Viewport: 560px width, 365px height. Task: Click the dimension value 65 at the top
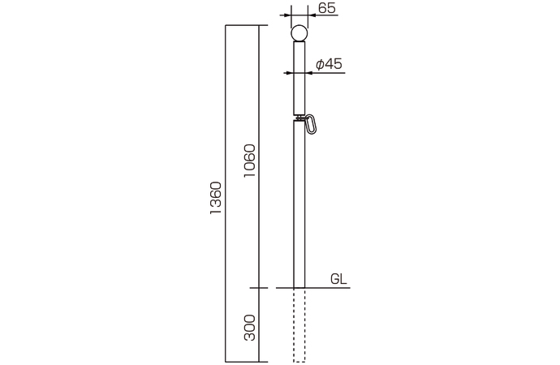tap(327, 8)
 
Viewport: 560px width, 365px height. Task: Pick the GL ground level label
tap(338, 278)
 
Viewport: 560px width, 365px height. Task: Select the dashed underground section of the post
tap(299, 324)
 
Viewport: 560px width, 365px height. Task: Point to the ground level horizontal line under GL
tap(325, 288)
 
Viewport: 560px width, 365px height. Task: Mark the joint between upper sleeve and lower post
tap(299, 117)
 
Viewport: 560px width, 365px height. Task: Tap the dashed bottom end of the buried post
tap(299, 361)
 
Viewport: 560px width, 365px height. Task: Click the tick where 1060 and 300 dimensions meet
tap(259, 288)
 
